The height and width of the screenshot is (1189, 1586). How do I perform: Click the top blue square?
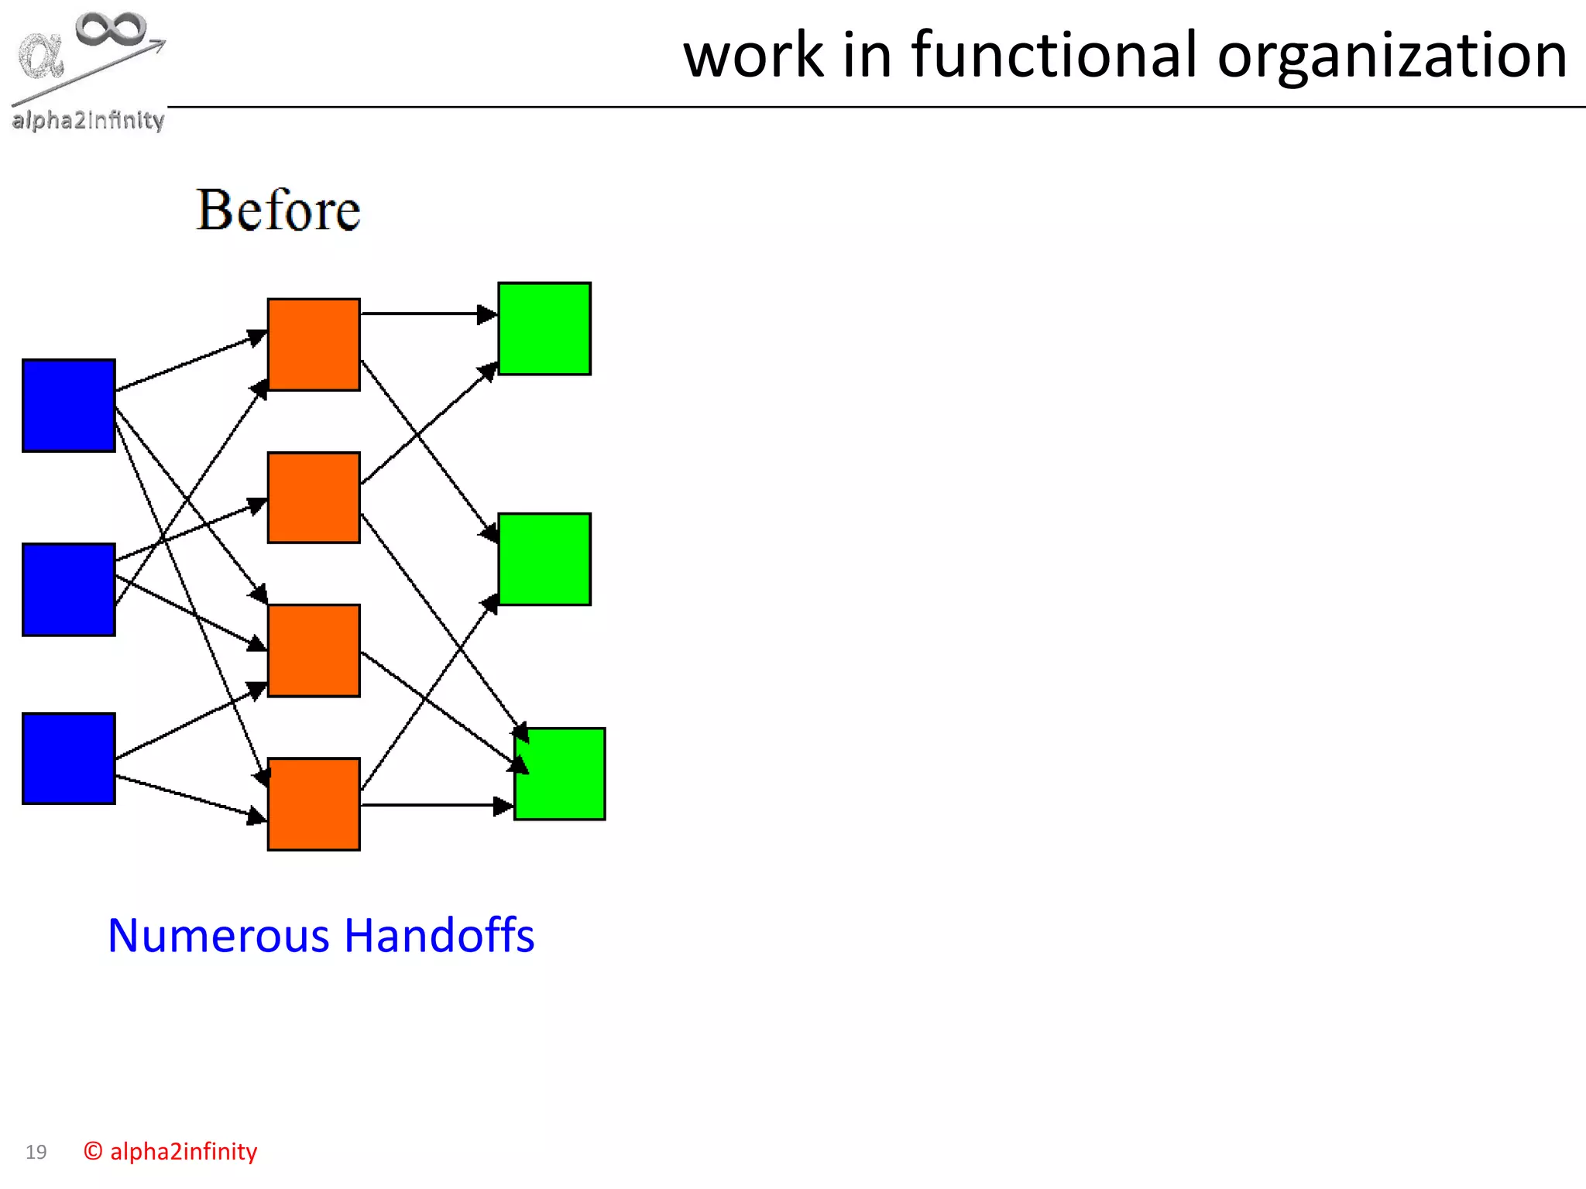(69, 406)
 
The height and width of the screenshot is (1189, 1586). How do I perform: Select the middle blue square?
(69, 590)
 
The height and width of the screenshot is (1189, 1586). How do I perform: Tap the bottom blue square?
(69, 759)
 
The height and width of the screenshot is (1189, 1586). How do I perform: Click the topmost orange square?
(314, 344)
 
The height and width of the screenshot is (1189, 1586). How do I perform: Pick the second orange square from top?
(314, 498)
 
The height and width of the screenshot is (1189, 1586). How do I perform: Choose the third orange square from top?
(314, 651)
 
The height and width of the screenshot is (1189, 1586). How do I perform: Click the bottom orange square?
(314, 804)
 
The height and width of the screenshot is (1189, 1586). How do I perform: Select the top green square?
(544, 329)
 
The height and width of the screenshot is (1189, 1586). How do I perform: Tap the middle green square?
(544, 559)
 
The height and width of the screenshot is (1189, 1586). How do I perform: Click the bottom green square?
(560, 774)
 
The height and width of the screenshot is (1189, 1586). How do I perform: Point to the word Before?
(278, 211)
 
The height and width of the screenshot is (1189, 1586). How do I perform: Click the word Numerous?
(219, 935)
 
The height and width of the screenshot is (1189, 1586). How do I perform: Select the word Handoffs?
(439, 935)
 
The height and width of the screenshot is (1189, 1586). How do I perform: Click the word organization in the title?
(1392, 56)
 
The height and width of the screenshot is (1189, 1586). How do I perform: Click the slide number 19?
(36, 1152)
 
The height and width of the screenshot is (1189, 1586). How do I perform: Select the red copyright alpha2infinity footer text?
(170, 1151)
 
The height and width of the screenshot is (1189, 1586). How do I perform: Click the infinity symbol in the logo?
(111, 29)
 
